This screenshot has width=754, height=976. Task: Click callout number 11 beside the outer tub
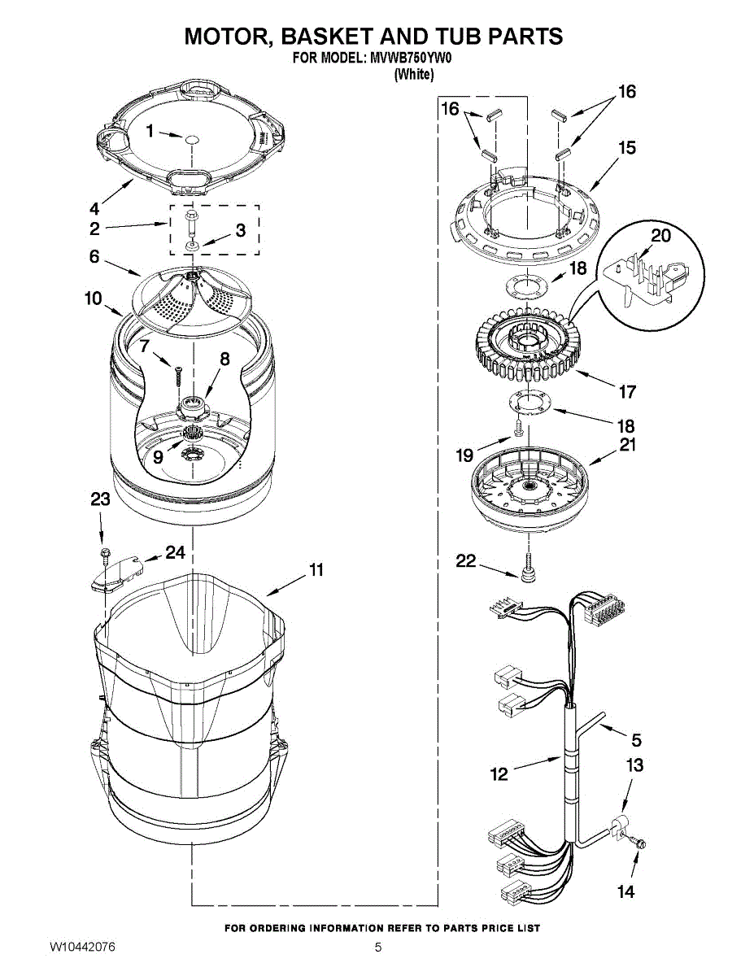[x=316, y=570]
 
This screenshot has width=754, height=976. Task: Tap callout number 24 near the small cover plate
[x=175, y=552]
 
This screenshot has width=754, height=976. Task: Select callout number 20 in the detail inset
[x=661, y=236]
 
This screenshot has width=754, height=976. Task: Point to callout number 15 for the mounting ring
[x=626, y=148]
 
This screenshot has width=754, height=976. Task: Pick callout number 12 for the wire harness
[x=499, y=773]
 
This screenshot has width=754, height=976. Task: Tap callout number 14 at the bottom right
[x=625, y=891]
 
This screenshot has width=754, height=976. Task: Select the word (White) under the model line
[x=414, y=74]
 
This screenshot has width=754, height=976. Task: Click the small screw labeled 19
[x=516, y=430]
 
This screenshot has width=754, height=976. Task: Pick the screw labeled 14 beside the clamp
[x=640, y=846]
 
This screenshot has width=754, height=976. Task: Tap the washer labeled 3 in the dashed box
[x=192, y=245]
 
